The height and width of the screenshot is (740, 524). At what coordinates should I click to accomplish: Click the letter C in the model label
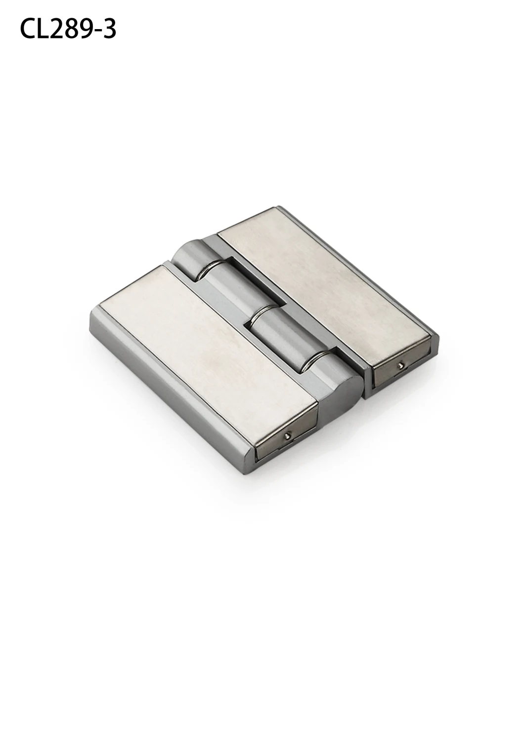28,30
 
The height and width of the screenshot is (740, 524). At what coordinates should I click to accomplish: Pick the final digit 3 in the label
109,30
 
